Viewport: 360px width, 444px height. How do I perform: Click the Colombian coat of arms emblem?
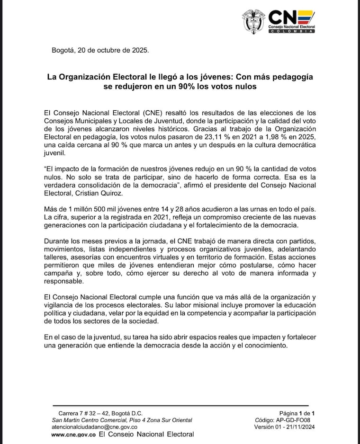(x=253, y=22)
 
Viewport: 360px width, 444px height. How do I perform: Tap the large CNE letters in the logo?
(x=290, y=18)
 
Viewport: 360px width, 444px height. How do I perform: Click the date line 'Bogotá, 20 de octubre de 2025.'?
(x=100, y=50)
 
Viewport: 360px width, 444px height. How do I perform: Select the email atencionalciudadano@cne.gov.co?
(x=94, y=427)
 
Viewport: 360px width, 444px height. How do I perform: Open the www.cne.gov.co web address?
(x=73, y=434)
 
